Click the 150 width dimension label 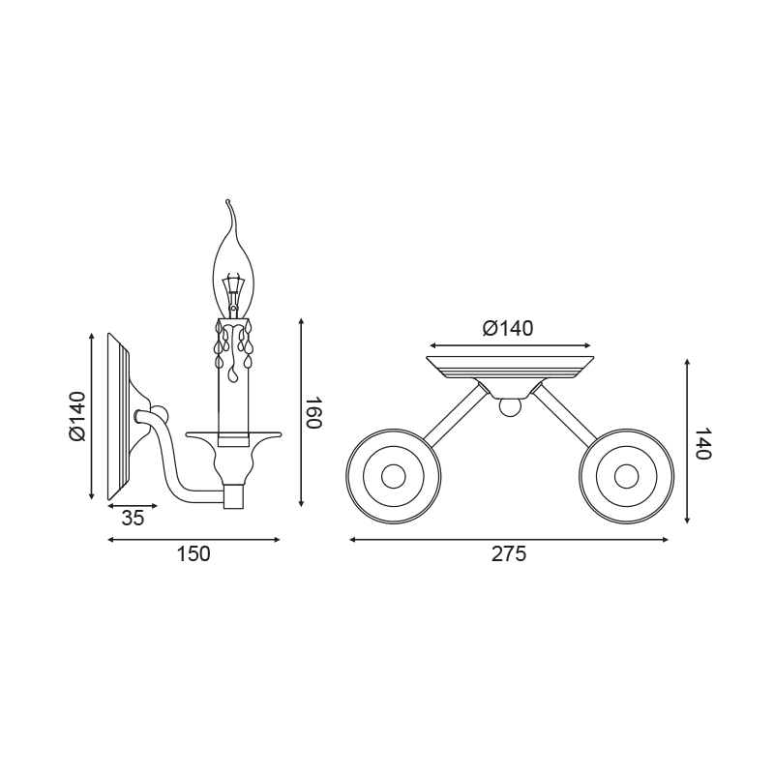pos(193,554)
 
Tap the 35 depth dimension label pos(133,519)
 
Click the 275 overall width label pos(509,554)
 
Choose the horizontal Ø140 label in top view pos(508,329)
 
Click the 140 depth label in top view pos(702,443)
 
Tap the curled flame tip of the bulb pos(228,202)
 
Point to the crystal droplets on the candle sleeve pos(233,345)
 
